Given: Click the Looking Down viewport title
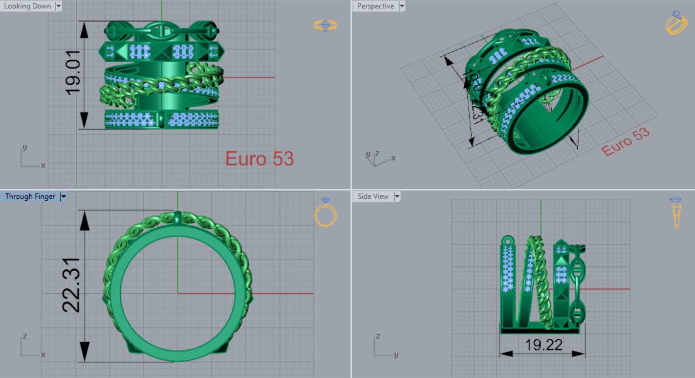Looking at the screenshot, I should [x=27, y=6].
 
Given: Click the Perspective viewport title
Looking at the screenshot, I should [x=375, y=6].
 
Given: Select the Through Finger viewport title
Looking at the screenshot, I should [x=30, y=196].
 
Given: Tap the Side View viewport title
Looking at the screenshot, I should [x=373, y=196].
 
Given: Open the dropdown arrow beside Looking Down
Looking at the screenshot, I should [x=59, y=6].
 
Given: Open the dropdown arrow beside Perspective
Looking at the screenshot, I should [x=402, y=6].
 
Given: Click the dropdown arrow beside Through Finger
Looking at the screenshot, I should [x=63, y=196].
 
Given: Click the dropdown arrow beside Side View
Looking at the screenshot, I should [x=397, y=196].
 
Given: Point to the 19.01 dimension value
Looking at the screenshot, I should [x=73, y=75].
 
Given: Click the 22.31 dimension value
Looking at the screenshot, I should [x=71, y=285].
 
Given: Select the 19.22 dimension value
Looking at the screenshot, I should [x=543, y=345].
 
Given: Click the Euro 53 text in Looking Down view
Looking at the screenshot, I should [x=259, y=159].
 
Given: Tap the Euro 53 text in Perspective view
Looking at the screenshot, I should [x=625, y=142].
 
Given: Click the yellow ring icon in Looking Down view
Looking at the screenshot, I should [x=326, y=25].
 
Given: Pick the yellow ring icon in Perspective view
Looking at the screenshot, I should [x=676, y=23].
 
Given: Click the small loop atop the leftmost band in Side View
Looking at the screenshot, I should [x=508, y=240].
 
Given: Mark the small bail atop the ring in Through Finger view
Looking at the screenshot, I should [x=177, y=216].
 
